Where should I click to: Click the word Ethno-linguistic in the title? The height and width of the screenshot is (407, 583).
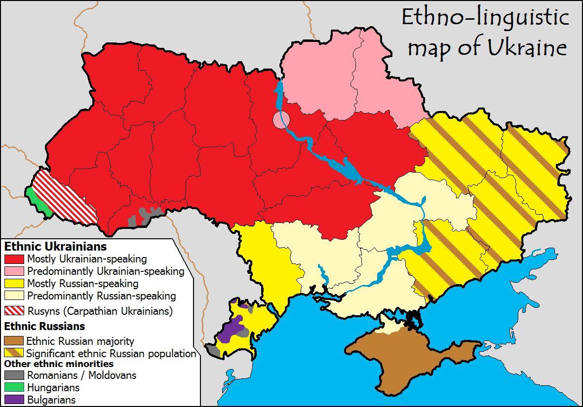[485, 17]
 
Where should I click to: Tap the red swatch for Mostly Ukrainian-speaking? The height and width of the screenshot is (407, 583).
[14, 259]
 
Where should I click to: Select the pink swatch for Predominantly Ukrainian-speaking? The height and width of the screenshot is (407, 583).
[14, 271]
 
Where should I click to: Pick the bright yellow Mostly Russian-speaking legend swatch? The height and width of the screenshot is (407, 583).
[14, 284]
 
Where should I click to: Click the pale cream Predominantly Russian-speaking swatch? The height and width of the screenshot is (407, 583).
[14, 296]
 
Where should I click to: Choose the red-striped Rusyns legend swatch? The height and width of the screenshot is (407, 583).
[14, 311]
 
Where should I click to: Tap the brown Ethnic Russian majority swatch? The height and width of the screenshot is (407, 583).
[14, 341]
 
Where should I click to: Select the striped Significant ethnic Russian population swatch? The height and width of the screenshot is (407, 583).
[14, 353]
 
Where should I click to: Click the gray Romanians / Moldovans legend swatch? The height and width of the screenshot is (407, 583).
[14, 375]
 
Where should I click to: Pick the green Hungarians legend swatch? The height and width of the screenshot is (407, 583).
[14, 388]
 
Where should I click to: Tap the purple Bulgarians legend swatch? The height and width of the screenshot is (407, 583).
[14, 400]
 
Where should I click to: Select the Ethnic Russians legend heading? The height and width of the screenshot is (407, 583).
[44, 326]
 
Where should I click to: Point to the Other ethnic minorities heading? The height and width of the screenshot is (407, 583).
[59, 364]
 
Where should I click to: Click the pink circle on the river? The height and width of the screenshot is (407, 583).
[281, 119]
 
